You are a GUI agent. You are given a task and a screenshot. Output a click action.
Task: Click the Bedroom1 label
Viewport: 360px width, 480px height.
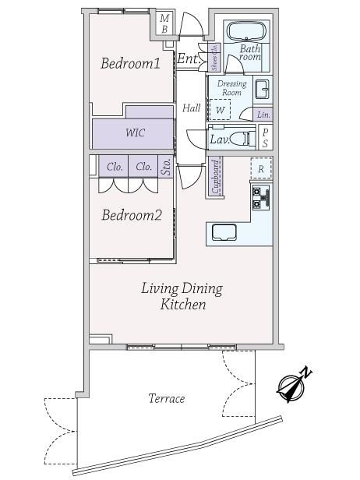tap(130, 63)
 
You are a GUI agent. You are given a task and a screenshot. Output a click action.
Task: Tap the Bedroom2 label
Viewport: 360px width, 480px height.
tap(132, 215)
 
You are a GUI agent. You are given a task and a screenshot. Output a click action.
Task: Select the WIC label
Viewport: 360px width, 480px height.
tap(135, 132)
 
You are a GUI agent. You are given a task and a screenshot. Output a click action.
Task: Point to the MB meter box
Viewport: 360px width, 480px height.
tap(164, 23)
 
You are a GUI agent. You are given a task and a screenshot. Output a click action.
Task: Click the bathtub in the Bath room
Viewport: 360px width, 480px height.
tap(247, 31)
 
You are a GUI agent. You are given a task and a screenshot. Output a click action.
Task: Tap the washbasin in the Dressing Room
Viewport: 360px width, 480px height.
tap(262, 90)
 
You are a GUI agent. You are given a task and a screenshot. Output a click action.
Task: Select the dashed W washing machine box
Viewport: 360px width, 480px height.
tap(220, 109)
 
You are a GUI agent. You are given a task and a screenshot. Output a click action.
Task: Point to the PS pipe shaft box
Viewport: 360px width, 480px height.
tap(265, 137)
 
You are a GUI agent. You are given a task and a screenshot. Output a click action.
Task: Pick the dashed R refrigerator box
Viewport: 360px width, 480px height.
tap(261, 168)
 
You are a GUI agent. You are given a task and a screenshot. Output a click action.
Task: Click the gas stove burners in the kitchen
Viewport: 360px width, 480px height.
tap(261, 197)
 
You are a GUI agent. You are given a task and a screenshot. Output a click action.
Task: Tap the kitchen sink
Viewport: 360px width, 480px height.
tap(224, 233)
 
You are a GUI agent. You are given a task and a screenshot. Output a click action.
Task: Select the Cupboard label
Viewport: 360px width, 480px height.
tap(216, 177)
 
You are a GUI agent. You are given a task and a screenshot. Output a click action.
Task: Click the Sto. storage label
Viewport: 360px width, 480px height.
tap(166, 167)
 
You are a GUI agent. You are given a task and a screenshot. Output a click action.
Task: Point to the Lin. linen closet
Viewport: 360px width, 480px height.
tap(263, 115)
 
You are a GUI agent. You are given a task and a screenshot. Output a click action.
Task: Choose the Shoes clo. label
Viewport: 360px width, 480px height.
tap(214, 57)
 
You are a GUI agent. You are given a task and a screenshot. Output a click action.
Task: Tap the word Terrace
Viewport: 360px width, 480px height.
tap(167, 398)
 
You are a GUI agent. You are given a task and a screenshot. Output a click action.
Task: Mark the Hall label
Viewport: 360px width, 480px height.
tap(192, 108)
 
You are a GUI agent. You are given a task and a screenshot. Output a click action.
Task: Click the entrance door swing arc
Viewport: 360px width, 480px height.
tap(192, 23)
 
